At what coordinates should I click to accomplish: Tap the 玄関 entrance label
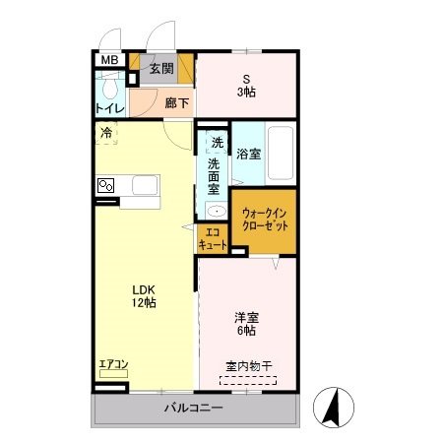point(161,69)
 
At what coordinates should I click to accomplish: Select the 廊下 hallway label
point(176,101)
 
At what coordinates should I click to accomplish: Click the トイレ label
point(109,109)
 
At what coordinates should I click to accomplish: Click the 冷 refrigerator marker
point(105,132)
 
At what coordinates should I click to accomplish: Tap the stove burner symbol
point(106,185)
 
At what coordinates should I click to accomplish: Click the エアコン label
point(113,365)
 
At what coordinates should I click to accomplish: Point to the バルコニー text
point(194,408)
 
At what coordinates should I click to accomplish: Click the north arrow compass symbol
point(334,405)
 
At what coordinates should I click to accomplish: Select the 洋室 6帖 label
point(246,324)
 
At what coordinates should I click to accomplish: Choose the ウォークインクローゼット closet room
point(263,220)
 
